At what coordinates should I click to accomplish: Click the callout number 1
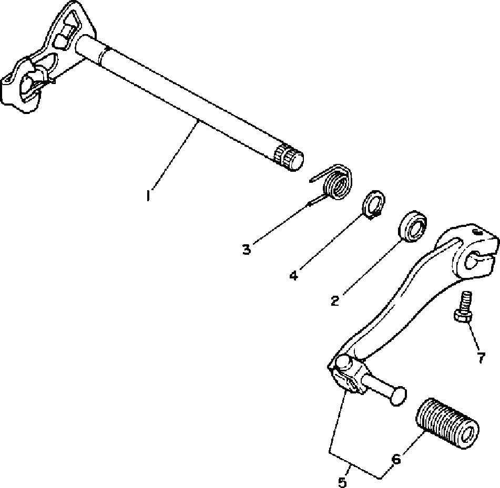(x=149, y=196)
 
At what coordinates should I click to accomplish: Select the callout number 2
(x=334, y=300)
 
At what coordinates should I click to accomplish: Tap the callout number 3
(x=247, y=249)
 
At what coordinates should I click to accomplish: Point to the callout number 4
(x=293, y=275)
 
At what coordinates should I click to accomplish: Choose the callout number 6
(x=396, y=459)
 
